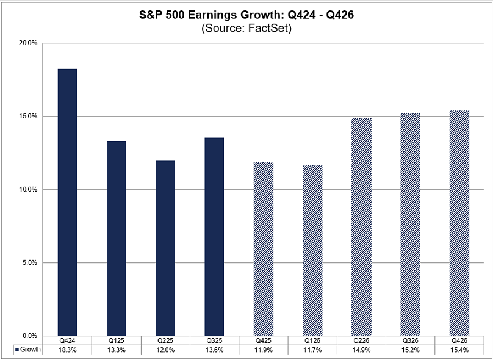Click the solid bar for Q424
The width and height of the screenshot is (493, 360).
[67, 202]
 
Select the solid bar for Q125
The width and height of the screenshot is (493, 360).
[116, 238]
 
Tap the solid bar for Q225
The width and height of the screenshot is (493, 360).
[165, 248]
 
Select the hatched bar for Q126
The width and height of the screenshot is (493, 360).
[312, 250]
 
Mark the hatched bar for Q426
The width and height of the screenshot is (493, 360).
[459, 223]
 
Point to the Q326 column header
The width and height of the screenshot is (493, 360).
[411, 340]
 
